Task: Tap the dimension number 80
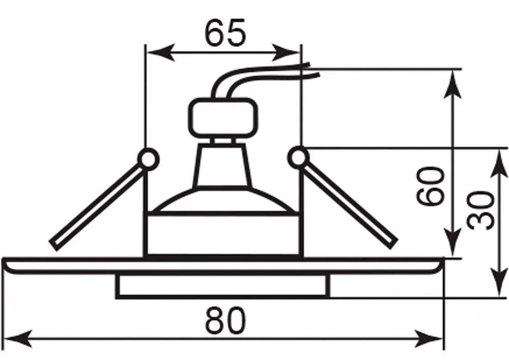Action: click(x=225, y=320)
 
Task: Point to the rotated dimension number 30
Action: click(x=482, y=210)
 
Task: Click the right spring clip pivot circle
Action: click(x=298, y=158)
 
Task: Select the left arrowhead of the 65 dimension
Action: click(x=161, y=52)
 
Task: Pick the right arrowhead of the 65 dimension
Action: click(x=286, y=52)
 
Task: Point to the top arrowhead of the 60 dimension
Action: click(x=453, y=84)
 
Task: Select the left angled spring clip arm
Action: click(x=97, y=207)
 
